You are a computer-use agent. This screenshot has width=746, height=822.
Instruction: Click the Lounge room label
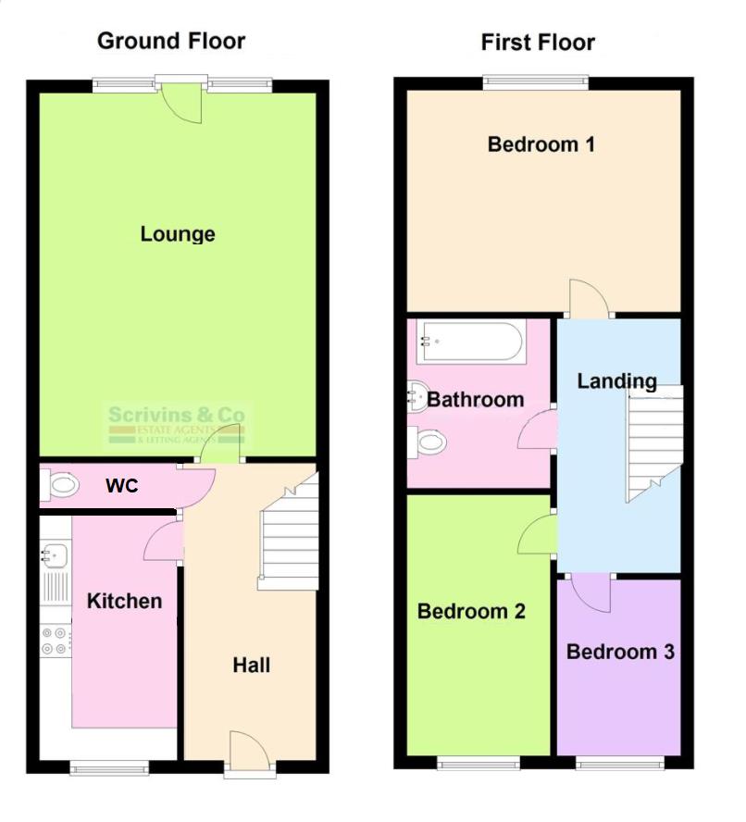coord(178,234)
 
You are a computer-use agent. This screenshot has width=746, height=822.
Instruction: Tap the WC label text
coord(122,485)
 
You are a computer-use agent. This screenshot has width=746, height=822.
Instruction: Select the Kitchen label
coord(124,601)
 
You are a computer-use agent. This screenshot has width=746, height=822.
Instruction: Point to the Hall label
coord(251,665)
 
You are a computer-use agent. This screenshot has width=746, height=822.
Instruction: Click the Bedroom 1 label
coord(541,144)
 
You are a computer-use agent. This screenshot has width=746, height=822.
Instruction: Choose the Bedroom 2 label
coord(471,611)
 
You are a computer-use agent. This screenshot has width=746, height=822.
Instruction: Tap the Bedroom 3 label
coord(620,652)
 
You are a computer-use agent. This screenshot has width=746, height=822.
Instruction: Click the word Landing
coord(616,380)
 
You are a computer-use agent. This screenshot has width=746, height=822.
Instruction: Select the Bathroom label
coord(476,400)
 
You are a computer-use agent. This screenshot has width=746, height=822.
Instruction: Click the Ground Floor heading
coord(171,41)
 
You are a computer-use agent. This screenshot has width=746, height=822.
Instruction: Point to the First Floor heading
coord(538,43)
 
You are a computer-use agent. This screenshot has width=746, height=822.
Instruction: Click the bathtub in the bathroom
coord(470,342)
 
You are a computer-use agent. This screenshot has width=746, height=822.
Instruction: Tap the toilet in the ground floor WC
coord(61,484)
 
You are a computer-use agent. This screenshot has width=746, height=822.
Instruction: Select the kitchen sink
coord(55,554)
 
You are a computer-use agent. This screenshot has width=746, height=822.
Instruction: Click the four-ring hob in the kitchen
coord(56,641)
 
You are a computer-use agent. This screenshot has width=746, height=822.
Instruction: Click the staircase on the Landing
coord(653,442)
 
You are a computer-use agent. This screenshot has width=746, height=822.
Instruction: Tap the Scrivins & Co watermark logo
coord(177,424)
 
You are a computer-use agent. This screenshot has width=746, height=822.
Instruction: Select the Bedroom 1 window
coord(536,82)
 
